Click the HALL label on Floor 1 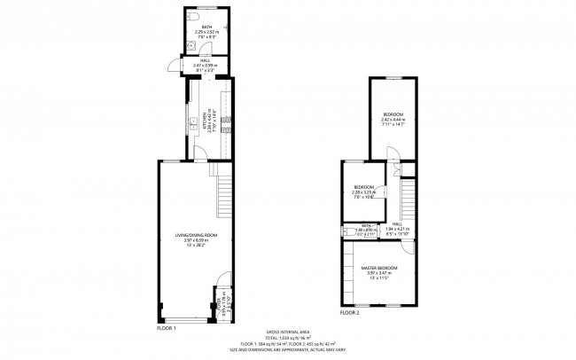[206, 59]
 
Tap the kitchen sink [191, 123]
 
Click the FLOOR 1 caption [167, 329]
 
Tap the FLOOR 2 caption [350, 313]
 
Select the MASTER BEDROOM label [378, 268]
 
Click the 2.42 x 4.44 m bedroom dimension [393, 120]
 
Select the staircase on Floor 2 [408, 196]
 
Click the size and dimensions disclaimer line [287, 350]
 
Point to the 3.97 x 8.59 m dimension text [196, 240]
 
